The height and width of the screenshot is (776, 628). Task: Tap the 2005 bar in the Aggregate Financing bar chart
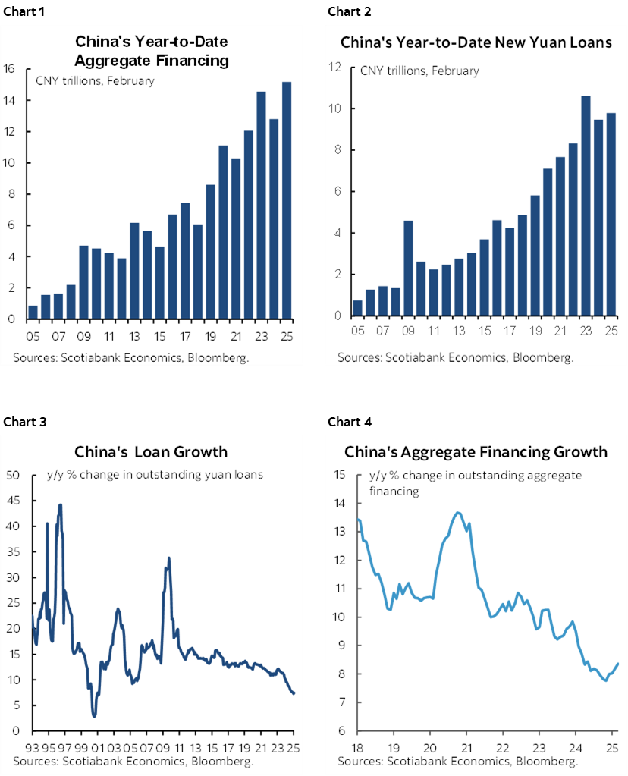point(33,312)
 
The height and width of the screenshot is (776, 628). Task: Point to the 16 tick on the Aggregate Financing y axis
point(10,69)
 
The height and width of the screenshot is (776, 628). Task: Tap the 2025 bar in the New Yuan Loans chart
point(611,214)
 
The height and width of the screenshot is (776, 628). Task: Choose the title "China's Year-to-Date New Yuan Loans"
point(476,42)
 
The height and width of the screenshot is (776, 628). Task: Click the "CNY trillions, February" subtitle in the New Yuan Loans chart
point(419,71)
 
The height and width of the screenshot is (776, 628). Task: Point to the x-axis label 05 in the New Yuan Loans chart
point(357,331)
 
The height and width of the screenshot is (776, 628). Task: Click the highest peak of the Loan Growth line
point(60,505)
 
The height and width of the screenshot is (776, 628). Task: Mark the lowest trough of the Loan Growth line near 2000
point(94,715)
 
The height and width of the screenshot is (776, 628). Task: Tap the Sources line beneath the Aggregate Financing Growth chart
point(458,761)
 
